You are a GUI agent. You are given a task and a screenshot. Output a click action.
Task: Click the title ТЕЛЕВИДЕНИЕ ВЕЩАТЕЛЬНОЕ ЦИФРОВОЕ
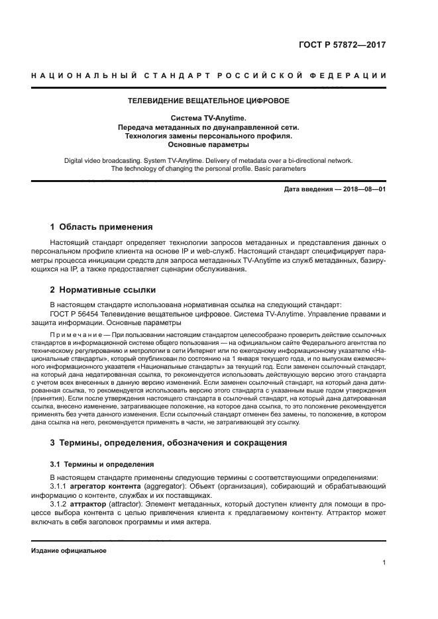click(x=208, y=101)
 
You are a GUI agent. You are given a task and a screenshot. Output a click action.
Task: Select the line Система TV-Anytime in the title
click(x=208, y=118)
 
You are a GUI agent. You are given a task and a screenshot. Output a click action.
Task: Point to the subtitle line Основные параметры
click(x=208, y=144)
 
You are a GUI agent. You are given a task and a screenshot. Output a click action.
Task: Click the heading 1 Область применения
click(x=101, y=226)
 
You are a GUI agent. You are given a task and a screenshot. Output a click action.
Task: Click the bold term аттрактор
click(x=87, y=504)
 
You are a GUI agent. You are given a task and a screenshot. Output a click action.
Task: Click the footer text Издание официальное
click(x=69, y=550)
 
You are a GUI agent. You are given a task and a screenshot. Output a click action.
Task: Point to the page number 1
click(x=384, y=563)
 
